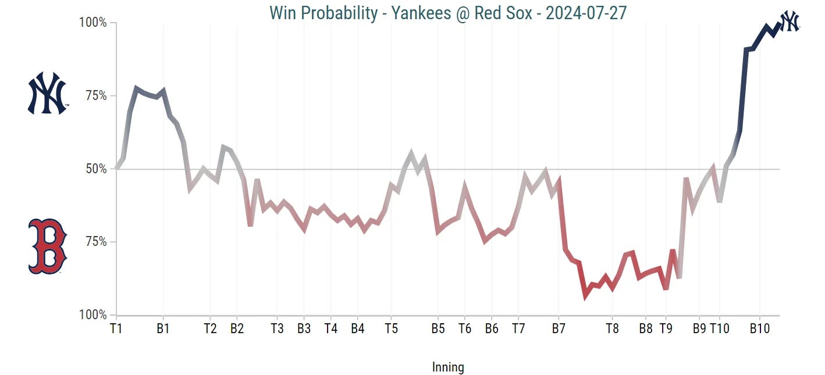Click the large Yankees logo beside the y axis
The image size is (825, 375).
coord(48,93)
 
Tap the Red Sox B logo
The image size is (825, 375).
coord(48,246)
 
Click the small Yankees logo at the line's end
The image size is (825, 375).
coord(790,21)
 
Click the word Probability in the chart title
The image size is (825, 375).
coord(343,12)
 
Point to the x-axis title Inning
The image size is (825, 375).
coord(448,367)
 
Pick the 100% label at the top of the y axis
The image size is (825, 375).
coord(93,23)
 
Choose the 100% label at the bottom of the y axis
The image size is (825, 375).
coord(93,315)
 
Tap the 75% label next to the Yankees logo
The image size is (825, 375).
coord(95,96)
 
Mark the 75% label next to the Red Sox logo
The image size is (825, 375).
coord(95,242)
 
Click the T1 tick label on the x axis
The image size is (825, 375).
coord(116,328)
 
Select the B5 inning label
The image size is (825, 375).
coord(438,328)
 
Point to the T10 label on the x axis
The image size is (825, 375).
coord(719,328)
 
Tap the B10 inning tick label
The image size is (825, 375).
coord(759,328)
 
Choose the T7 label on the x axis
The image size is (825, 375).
coord(518,328)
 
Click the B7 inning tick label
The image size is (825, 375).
coord(559,328)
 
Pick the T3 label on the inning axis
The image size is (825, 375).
coord(277,328)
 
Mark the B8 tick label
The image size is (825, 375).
coord(645,328)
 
